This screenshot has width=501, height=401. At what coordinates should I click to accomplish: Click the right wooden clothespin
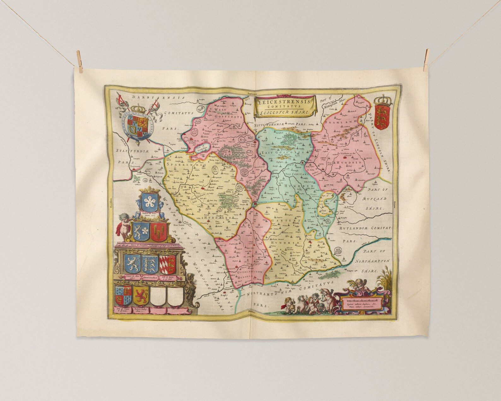(427, 57)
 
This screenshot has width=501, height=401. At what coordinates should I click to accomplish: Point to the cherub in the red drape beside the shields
(124, 225)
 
